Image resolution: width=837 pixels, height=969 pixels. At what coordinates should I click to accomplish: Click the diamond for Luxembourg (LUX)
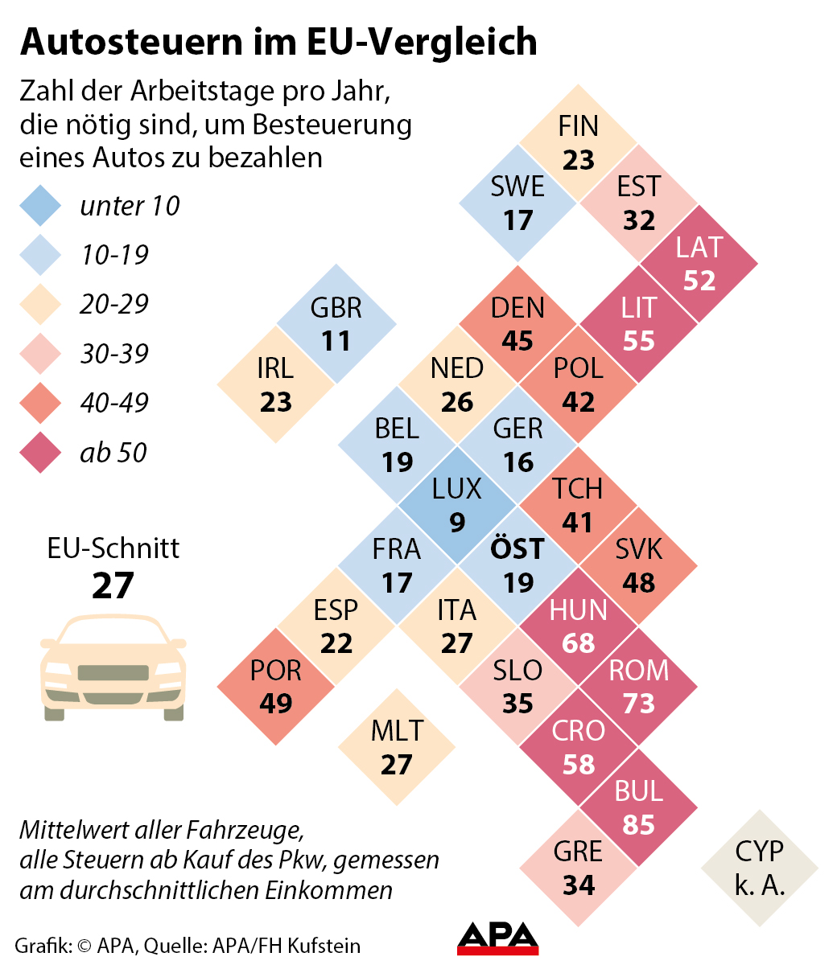tap(457, 505)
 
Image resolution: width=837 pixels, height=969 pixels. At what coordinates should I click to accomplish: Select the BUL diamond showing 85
tap(638, 808)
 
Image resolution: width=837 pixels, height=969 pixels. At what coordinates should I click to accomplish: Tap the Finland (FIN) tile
tap(578, 142)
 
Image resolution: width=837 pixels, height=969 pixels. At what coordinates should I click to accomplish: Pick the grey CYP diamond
tap(759, 868)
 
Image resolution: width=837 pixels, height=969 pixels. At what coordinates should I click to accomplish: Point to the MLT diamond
tap(397, 747)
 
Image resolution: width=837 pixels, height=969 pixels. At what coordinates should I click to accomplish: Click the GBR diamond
tap(336, 323)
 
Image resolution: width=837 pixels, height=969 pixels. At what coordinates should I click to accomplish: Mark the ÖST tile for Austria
tap(517, 565)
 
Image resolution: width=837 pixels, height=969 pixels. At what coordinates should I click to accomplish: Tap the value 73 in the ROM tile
tap(638, 704)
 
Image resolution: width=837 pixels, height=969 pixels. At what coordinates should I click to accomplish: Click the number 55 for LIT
tap(638, 341)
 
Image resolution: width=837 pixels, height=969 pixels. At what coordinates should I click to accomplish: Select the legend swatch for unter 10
tap(40, 206)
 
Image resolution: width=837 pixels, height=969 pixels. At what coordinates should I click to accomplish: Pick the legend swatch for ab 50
tap(40, 453)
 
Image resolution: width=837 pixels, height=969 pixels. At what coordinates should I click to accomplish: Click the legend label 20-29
tap(114, 305)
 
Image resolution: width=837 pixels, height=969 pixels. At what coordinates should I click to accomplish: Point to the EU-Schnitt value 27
tap(113, 585)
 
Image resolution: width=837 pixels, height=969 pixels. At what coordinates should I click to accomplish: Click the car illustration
tap(113, 667)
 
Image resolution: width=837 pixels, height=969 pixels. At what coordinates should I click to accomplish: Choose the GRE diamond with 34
tap(578, 868)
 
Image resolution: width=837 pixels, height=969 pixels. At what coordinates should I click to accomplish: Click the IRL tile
tap(276, 384)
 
